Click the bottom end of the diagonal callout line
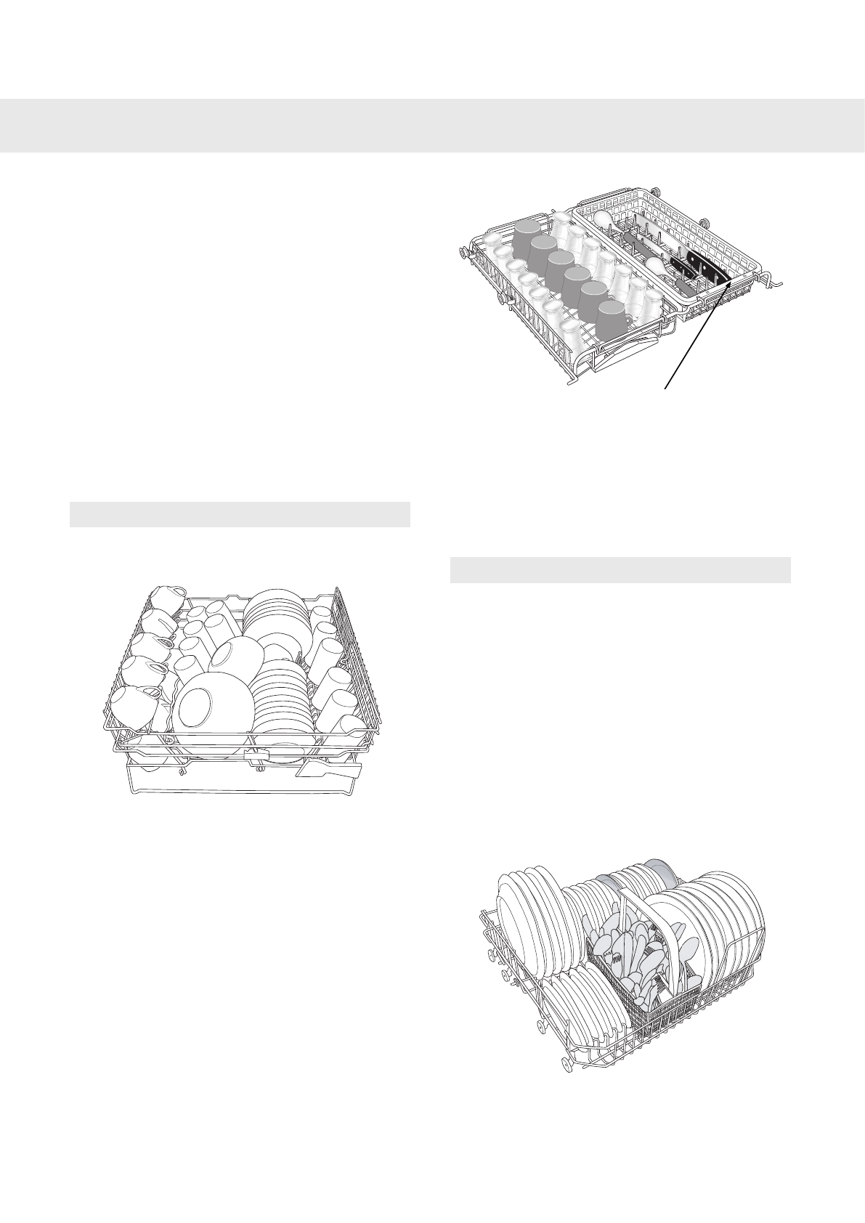coord(665,389)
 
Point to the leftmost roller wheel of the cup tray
coord(463,253)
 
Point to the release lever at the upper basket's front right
coord(328,768)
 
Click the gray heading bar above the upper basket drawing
coord(240,513)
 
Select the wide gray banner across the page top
coord(432,126)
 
